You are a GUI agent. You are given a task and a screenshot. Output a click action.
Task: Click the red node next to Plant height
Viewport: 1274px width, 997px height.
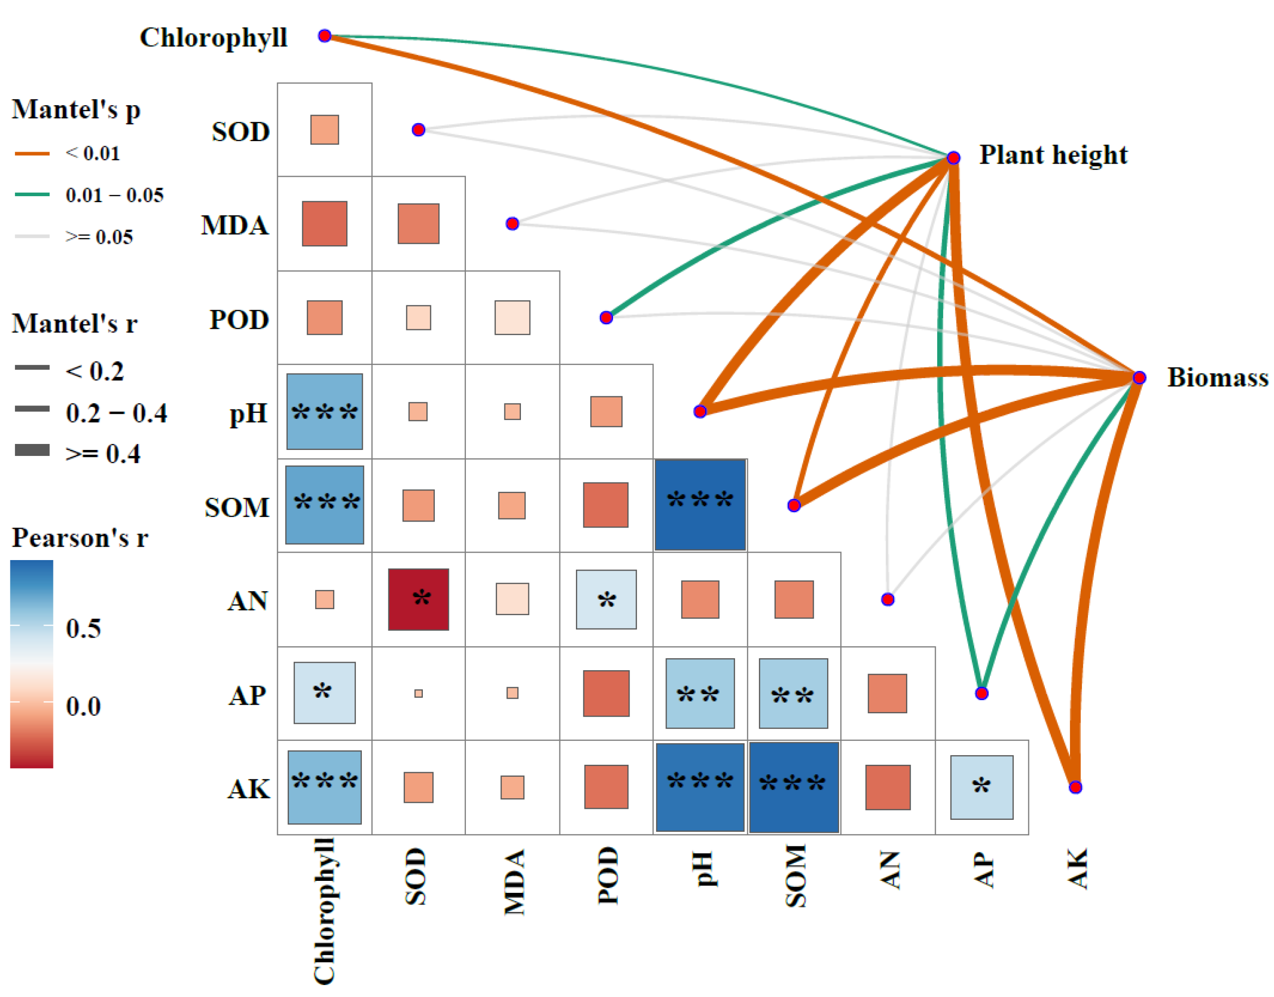tap(953, 158)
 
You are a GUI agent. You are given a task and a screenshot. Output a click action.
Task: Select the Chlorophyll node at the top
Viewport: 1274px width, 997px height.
tap(324, 36)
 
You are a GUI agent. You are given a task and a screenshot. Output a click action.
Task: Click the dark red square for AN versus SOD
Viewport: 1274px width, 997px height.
tap(418, 600)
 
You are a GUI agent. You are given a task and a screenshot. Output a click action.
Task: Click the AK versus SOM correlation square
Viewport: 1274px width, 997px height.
tap(794, 787)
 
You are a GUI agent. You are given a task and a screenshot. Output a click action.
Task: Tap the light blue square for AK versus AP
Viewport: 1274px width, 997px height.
tap(982, 787)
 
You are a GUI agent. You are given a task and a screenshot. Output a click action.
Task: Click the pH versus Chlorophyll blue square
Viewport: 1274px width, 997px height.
tap(324, 411)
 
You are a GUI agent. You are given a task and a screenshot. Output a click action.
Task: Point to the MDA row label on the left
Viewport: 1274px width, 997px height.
tap(235, 225)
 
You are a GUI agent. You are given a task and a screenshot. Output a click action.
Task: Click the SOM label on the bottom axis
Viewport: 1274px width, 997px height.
tap(795, 875)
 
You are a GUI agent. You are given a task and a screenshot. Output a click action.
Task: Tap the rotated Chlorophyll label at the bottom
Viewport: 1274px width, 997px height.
tap(324, 910)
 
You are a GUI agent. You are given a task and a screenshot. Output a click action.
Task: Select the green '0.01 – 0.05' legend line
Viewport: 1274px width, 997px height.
tap(32, 194)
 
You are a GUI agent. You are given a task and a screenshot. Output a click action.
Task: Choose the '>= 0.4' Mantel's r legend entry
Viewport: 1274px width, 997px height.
tap(103, 453)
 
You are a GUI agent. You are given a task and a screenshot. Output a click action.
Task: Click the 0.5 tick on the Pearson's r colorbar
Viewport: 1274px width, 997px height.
tap(83, 628)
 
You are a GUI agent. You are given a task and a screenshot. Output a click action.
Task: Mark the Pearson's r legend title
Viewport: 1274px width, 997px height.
tap(80, 538)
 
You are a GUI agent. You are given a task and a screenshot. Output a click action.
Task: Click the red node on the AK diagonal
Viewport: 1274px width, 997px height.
tap(1075, 787)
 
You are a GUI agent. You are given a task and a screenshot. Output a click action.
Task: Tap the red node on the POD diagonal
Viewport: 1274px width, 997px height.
tap(606, 317)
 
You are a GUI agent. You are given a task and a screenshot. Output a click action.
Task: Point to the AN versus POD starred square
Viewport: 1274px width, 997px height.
tap(606, 600)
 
